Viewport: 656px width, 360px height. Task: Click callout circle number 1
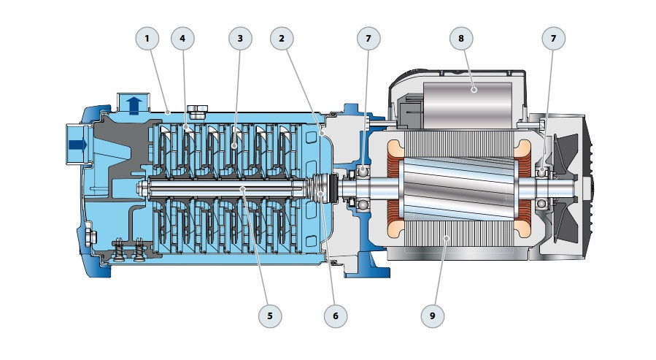tap(147, 38)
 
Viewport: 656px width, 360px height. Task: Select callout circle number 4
tap(183, 38)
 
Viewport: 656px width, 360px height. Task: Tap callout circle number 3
tap(240, 38)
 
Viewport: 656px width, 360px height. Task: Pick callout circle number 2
tap(282, 38)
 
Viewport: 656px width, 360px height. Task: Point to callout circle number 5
tap(270, 315)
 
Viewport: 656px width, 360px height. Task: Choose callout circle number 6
tap(336, 315)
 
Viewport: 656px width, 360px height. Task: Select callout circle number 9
tap(433, 315)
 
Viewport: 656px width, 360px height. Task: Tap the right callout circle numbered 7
tap(552, 38)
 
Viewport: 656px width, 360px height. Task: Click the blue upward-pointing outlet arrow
tap(134, 105)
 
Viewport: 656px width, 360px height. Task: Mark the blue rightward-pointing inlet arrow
tap(77, 145)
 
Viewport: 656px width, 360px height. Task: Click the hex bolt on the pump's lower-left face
tap(90, 237)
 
